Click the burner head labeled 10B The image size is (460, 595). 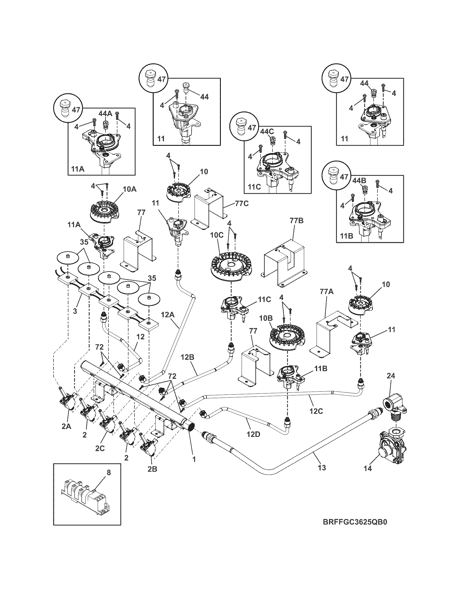click(x=287, y=337)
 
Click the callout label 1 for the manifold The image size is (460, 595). click(x=194, y=459)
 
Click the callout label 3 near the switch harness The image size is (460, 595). click(x=75, y=310)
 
